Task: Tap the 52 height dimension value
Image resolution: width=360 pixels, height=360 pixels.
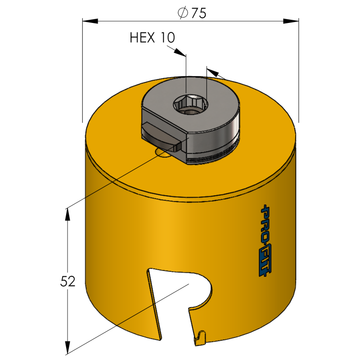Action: [67, 281]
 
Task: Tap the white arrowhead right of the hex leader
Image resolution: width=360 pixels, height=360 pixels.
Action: [214, 73]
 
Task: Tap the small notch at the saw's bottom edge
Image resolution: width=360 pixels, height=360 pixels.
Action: [201, 335]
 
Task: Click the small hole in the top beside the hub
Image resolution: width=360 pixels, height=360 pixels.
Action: [163, 154]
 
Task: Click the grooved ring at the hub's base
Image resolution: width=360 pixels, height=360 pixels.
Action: [211, 155]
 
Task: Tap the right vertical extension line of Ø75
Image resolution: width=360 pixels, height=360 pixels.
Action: [298, 72]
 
